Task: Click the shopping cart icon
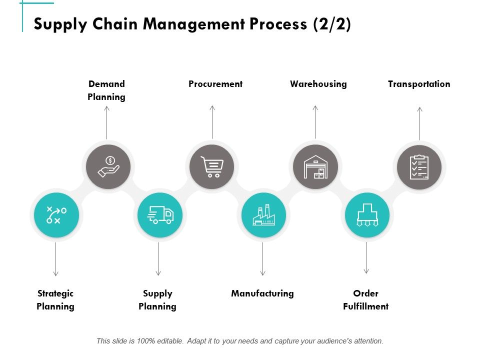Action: [212, 167]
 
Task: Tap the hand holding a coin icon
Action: [108, 166]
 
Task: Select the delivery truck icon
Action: [160, 215]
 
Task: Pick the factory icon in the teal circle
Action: [263, 215]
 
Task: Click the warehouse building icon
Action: [315, 167]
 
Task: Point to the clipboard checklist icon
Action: [419, 167]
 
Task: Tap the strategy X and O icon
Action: [56, 215]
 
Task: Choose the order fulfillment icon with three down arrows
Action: [367, 215]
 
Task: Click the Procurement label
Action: [215, 84]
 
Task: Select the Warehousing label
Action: [318, 84]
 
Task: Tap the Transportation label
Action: [419, 84]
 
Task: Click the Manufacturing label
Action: [262, 293]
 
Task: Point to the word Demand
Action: [106, 84]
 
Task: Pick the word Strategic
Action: [55, 293]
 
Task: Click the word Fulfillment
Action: [366, 306]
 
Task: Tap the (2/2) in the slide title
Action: [332, 24]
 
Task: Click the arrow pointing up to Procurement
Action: [212, 122]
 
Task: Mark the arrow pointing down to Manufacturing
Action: [262, 259]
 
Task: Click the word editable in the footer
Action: [170, 341]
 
